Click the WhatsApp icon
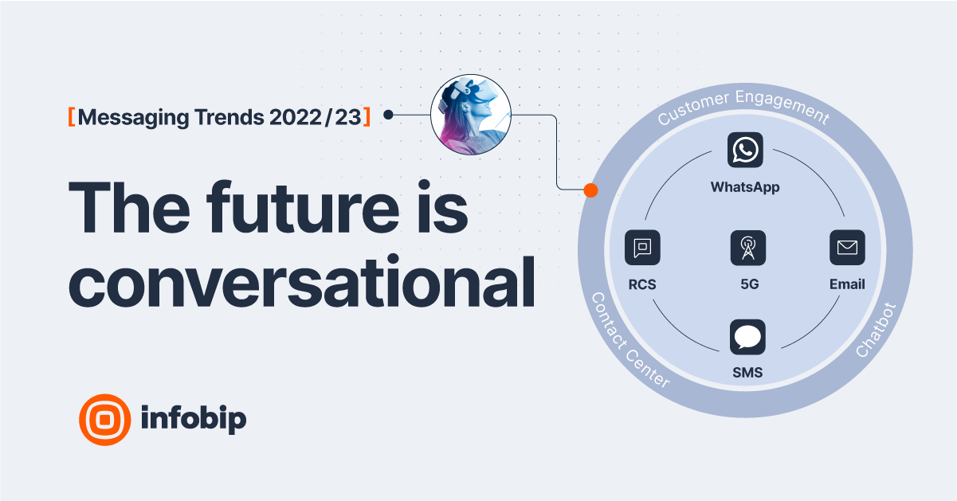tap(745, 150)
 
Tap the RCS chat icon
tap(642, 249)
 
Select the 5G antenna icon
tap(747, 249)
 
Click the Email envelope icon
tap(847, 249)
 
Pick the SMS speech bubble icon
tap(747, 338)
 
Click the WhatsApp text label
tap(745, 188)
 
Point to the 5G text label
tap(747, 284)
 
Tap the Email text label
tap(847, 284)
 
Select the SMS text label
tap(747, 373)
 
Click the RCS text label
tap(642, 284)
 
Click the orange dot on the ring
tap(590, 190)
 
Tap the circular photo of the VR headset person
tap(470, 116)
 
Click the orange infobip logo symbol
tap(104, 419)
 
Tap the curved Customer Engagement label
tap(743, 108)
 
